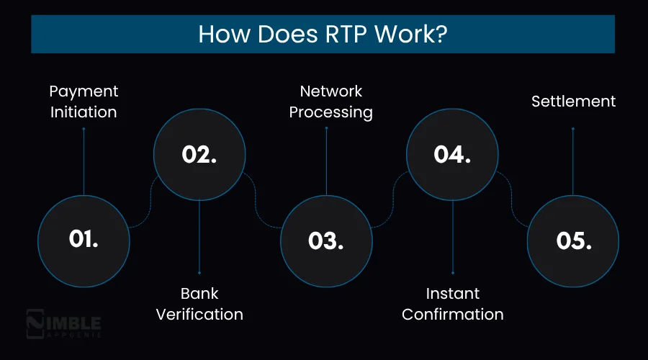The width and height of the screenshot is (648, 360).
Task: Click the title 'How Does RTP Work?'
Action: (x=323, y=35)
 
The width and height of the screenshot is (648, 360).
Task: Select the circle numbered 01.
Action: (x=84, y=240)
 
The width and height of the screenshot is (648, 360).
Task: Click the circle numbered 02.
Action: (x=199, y=155)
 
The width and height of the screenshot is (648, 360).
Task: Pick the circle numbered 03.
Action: (x=326, y=240)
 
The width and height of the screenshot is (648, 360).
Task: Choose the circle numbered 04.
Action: (x=452, y=155)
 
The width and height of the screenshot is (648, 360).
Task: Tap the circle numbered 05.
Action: (x=573, y=240)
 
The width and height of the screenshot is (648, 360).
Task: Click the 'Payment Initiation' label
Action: (x=84, y=102)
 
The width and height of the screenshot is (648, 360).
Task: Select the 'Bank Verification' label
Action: (x=199, y=304)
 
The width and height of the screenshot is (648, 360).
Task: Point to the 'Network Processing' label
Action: (x=331, y=102)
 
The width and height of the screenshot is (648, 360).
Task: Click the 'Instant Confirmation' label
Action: (x=452, y=304)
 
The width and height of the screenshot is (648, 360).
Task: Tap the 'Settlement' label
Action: (x=573, y=102)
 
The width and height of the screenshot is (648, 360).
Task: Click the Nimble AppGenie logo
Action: (x=63, y=324)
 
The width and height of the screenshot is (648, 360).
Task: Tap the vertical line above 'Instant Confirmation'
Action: (x=452, y=238)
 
